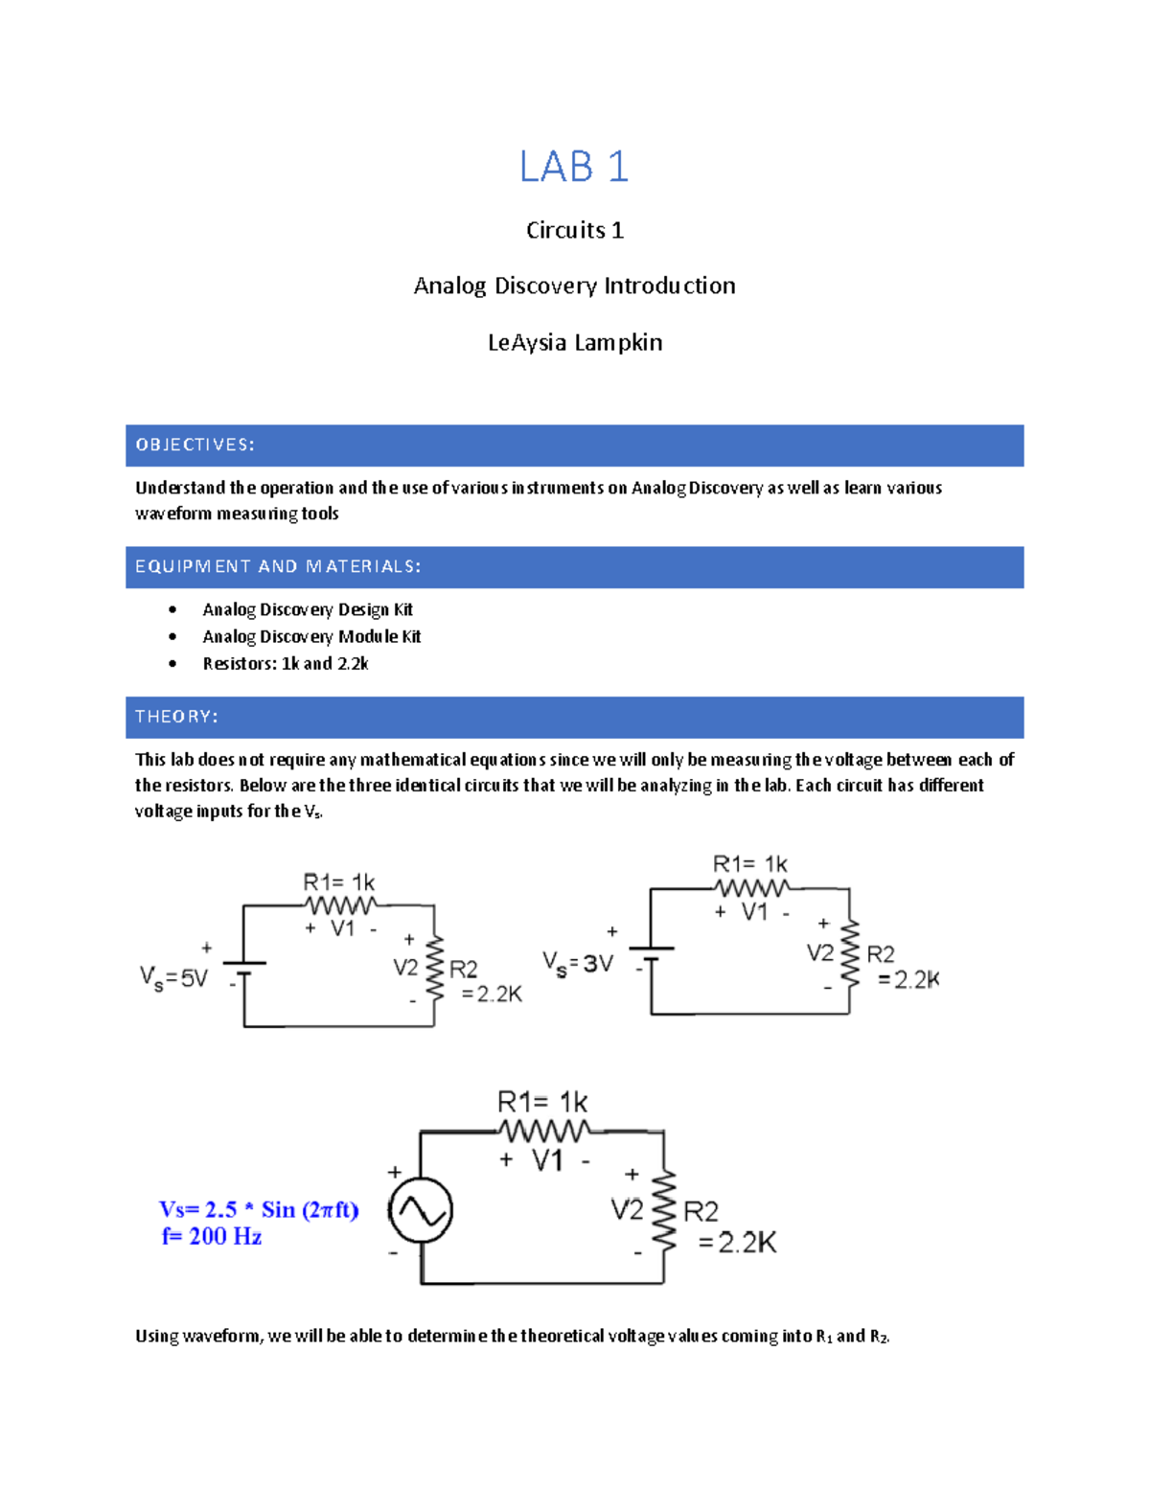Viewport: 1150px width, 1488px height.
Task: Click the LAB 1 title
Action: [573, 167]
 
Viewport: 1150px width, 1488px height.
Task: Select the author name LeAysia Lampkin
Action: [575, 342]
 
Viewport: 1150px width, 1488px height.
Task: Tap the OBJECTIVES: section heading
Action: [195, 445]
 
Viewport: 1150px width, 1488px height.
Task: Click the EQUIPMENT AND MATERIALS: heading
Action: [278, 566]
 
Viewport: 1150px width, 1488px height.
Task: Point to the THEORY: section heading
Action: [176, 717]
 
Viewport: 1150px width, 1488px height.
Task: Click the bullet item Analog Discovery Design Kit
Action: [308, 609]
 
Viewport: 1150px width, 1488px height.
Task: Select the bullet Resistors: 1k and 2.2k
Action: [286, 663]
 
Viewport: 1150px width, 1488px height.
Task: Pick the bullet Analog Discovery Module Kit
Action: [311, 636]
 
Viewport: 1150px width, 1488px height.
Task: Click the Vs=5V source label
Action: [173, 977]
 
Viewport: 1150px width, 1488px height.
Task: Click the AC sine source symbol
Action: [421, 1210]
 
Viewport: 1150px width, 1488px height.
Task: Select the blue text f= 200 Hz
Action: [212, 1236]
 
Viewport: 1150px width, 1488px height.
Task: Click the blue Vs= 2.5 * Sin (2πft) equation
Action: [259, 1209]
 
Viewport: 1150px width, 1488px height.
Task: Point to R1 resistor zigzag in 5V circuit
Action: [340, 904]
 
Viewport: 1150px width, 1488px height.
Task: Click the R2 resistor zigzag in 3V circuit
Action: [849, 952]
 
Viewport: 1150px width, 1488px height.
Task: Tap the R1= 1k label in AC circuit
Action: [542, 1102]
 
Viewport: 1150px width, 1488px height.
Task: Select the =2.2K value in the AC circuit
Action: [737, 1243]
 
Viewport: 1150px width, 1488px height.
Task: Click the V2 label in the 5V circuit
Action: [405, 968]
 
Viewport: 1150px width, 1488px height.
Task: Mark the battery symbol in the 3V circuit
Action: [652, 953]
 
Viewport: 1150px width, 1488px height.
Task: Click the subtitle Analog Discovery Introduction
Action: [574, 286]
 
